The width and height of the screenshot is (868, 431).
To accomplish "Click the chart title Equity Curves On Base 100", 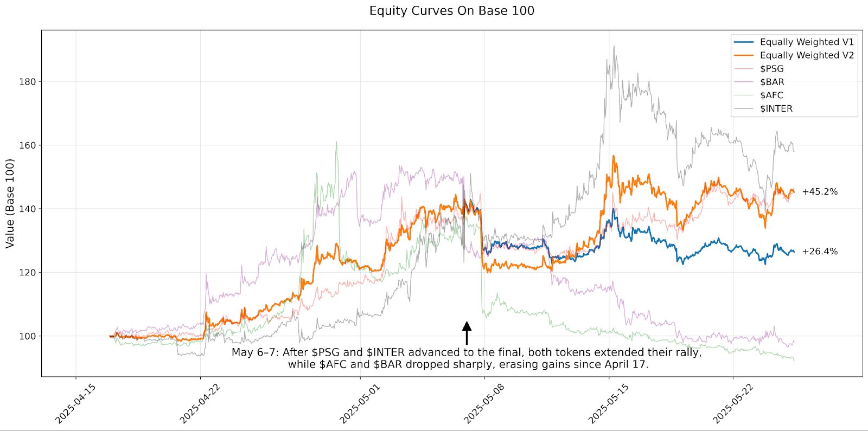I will point(451,11).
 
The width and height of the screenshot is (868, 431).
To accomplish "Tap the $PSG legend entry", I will point(771,69).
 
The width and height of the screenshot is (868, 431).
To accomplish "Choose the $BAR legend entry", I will point(771,82).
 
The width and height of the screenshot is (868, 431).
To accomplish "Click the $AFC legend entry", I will point(771,95).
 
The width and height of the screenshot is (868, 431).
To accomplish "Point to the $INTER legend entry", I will point(776,108).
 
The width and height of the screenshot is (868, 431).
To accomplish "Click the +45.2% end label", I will point(820,192).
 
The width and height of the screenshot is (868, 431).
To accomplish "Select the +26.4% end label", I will point(820,252).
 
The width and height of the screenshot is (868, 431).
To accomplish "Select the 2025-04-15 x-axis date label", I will point(76,404).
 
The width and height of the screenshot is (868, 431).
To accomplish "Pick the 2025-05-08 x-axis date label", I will point(484,404).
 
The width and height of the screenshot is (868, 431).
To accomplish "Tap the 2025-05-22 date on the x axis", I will point(733,404).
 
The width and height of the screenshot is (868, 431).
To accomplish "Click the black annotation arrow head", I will point(467,326).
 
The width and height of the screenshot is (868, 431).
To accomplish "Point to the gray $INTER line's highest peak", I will point(614,47).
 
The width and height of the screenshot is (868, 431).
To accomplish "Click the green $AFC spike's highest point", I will point(336,143).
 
